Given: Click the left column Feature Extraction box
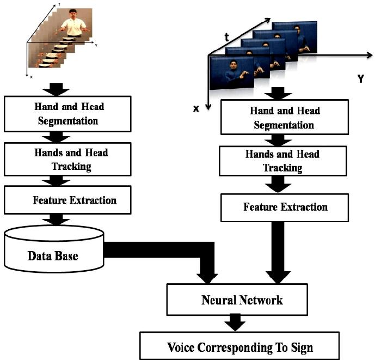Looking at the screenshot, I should [x=67, y=200].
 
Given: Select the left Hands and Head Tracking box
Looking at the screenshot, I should [x=67, y=158].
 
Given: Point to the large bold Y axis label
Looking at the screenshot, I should [x=360, y=80].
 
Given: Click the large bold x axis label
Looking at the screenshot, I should [x=196, y=108].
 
